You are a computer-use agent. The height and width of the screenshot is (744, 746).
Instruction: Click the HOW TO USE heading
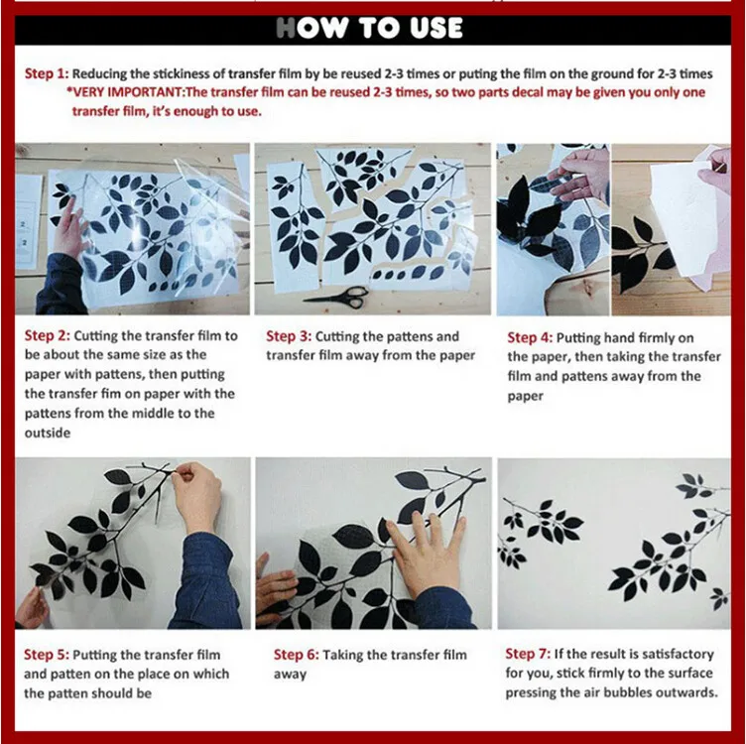(369, 28)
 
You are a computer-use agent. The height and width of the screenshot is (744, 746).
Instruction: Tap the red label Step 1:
(47, 73)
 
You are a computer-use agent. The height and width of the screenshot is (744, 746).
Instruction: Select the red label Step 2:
(47, 336)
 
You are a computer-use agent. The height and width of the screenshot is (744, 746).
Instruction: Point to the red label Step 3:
(289, 336)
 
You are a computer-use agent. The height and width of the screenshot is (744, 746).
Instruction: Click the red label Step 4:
(530, 337)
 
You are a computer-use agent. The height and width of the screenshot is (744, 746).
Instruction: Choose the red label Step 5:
(47, 655)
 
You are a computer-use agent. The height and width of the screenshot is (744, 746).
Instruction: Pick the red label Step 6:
(296, 655)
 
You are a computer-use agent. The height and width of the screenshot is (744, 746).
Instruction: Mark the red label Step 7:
(528, 654)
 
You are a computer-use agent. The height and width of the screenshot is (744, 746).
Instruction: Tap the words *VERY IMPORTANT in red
(125, 92)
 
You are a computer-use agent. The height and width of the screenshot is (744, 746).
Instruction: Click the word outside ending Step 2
(48, 433)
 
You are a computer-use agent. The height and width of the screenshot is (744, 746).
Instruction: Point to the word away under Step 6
(290, 675)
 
